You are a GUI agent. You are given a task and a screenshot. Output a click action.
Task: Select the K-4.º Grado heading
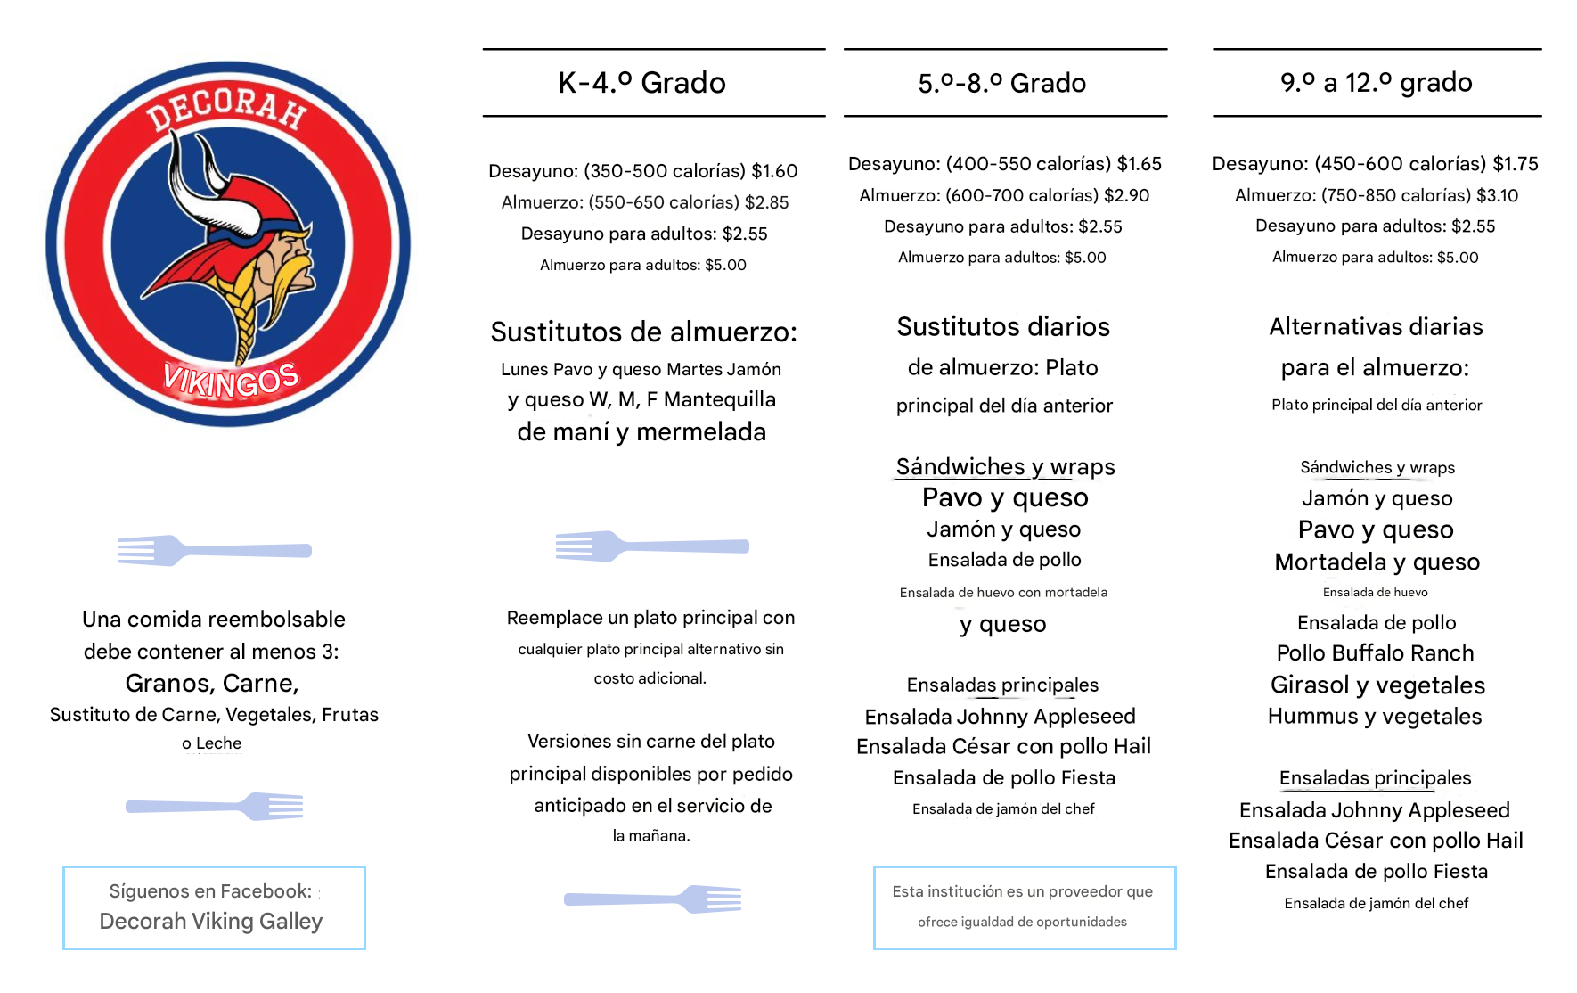641,83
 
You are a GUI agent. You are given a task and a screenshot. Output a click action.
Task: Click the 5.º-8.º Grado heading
1001,84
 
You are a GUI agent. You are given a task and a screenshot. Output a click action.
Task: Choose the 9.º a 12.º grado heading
1376,83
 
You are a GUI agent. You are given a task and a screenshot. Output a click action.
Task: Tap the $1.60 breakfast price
774,171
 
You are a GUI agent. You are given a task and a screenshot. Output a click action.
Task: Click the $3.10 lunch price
1498,195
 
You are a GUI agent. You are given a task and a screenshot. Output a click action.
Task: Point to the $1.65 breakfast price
1139,164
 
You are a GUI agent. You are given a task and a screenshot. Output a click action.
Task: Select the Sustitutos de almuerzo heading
643,332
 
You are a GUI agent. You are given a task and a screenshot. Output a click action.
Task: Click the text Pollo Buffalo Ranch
1375,653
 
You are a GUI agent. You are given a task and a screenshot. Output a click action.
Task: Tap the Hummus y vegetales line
1375,717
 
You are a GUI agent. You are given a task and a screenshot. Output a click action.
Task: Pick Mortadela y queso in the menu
1377,562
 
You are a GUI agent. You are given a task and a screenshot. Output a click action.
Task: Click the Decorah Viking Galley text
211,922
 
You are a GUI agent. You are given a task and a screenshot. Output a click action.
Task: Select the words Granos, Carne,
212,684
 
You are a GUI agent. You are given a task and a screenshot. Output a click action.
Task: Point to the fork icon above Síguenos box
215,807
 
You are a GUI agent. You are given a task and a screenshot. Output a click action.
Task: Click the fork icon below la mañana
653,899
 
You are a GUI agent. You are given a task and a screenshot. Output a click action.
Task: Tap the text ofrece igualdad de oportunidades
1022,922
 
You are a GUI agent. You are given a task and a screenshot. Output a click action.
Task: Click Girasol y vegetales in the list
1377,685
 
